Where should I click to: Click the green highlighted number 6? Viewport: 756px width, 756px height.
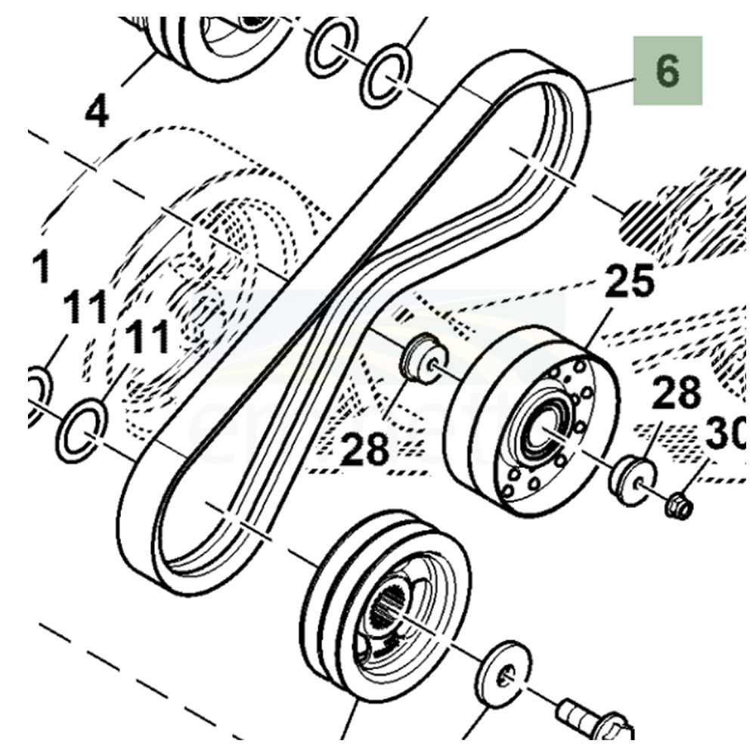(668, 70)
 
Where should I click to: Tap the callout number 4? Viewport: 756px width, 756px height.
(98, 112)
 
